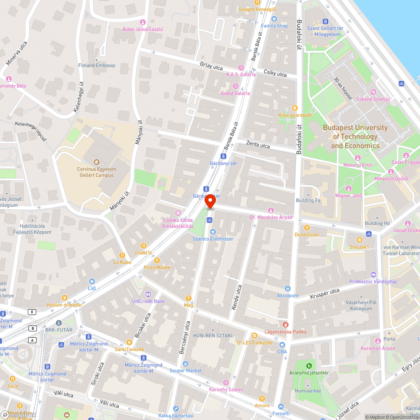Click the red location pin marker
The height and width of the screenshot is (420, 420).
tap(210, 202)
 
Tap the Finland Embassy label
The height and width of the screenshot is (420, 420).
tap(97, 66)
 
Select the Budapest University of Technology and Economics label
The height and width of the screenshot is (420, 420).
tap(355, 136)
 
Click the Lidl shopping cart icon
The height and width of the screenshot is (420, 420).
tap(92, 281)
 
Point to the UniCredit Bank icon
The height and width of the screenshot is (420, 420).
tap(148, 294)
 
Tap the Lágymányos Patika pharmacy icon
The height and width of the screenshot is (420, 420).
tap(286, 324)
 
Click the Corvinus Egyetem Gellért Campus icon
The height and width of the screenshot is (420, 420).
tap(96, 162)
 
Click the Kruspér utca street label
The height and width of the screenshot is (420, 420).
tap(324, 291)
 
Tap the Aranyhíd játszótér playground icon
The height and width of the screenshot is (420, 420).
tap(309, 365)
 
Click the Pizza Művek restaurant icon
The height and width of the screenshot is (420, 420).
tap(157, 260)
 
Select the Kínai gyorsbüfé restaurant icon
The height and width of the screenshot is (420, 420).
tap(294, 108)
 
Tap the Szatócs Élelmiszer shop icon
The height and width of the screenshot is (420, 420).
tap(213, 231)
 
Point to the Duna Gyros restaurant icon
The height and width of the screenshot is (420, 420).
tap(307, 227)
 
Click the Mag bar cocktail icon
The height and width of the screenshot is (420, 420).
tap(188, 298)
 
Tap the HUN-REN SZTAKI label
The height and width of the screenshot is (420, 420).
tap(212, 336)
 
